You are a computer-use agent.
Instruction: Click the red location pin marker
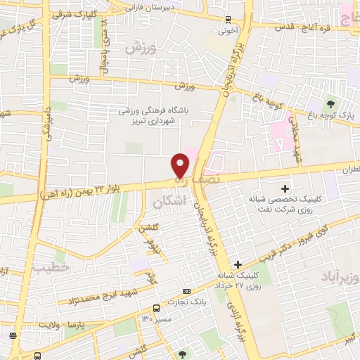(x=181, y=165)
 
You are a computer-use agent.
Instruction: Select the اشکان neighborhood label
(x=168, y=202)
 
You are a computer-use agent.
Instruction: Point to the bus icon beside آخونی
(x=228, y=20)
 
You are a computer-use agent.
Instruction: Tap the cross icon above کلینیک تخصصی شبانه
(x=285, y=188)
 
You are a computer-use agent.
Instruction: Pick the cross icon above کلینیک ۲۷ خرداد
(x=239, y=263)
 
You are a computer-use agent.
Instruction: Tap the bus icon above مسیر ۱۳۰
(x=157, y=307)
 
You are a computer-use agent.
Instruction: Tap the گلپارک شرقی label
(x=74, y=15)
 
